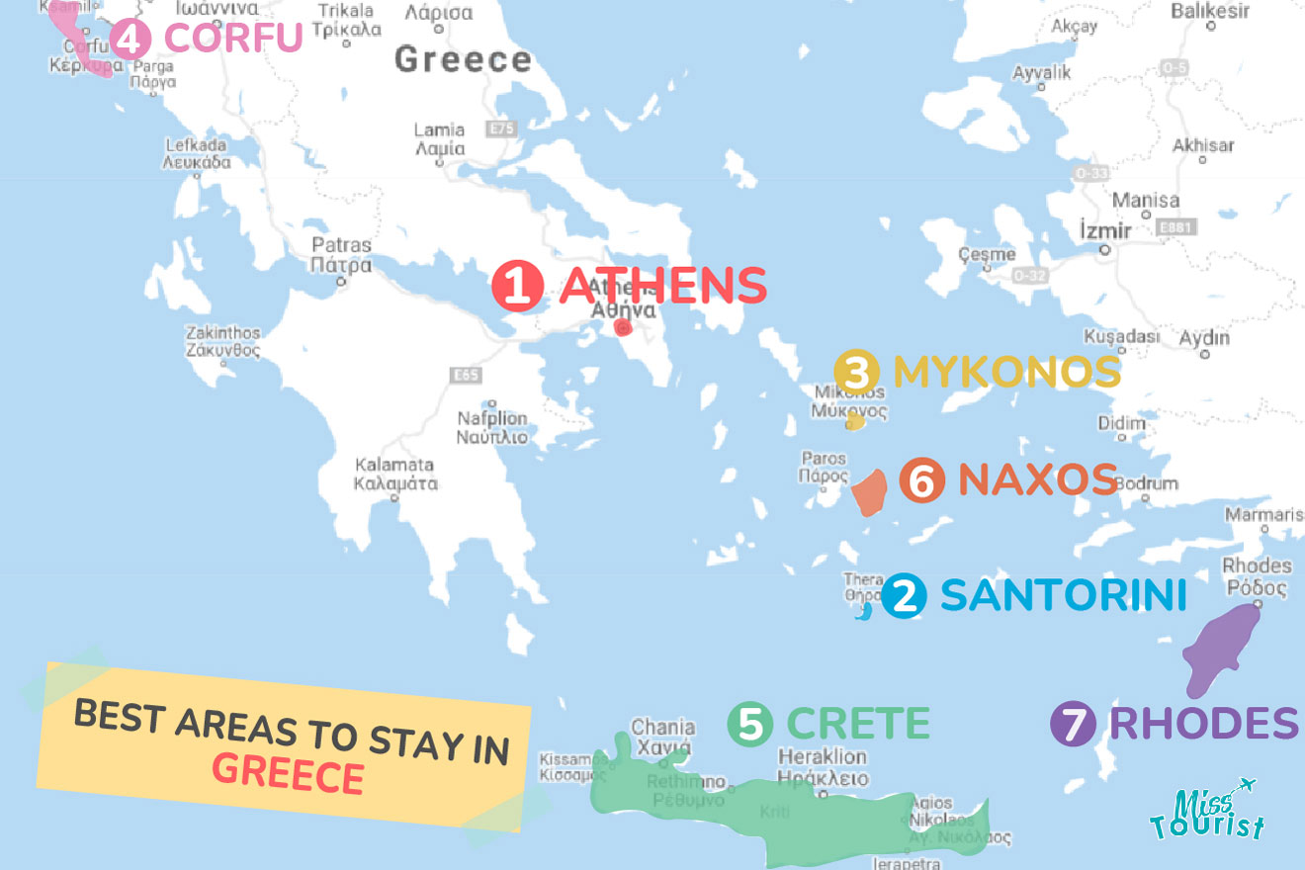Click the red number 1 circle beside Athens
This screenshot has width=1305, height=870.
click(x=518, y=286)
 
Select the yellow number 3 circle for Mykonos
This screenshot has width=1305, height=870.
click(x=857, y=373)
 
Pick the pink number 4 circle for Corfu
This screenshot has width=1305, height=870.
click(x=130, y=39)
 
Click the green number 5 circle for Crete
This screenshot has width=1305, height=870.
click(x=750, y=723)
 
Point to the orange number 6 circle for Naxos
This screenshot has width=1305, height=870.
click(x=921, y=481)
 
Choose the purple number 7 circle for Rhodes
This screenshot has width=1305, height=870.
click(x=1073, y=723)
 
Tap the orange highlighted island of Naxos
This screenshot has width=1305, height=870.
click(x=870, y=492)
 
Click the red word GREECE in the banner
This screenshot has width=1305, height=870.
click(x=288, y=774)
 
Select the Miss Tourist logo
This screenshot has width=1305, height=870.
click(x=1205, y=811)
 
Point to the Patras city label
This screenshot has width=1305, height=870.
click(x=341, y=255)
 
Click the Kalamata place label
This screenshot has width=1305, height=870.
click(x=395, y=474)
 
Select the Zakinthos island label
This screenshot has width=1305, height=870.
click(x=223, y=342)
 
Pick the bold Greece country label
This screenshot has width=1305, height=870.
click(x=463, y=59)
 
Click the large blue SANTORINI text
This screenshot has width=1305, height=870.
click(x=1063, y=595)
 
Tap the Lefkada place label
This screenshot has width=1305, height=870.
click(x=198, y=153)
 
